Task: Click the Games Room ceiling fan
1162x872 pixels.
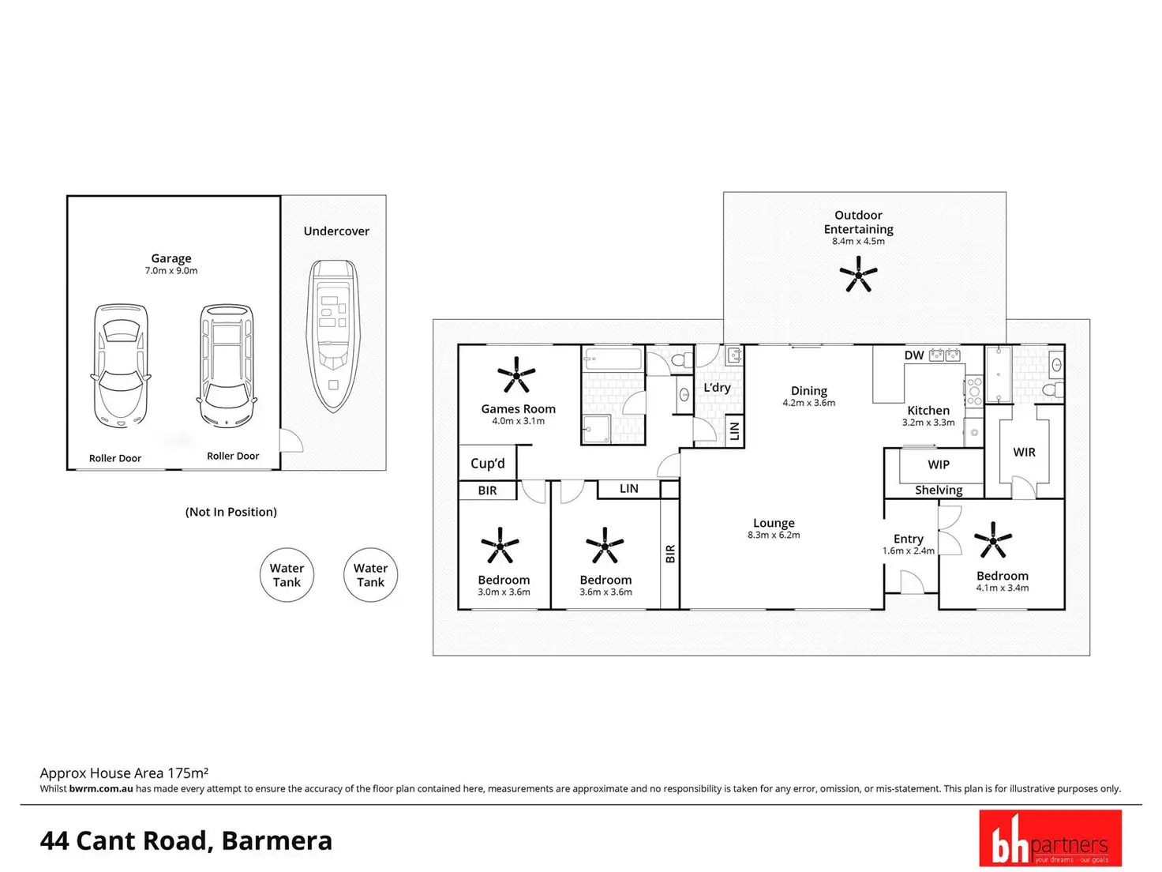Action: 516,375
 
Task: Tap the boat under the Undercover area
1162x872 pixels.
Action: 332,336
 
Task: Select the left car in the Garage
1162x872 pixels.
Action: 121,365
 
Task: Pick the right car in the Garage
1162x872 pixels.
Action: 227,365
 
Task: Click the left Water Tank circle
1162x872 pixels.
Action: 287,575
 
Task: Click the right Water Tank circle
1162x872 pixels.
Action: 370,575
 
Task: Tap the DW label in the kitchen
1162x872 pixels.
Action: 914,355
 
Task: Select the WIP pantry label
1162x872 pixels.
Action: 939,464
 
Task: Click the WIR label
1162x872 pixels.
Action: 1024,452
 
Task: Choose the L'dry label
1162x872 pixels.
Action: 717,387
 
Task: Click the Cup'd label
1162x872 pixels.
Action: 487,464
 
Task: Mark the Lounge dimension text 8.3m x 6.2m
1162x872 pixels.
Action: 774,536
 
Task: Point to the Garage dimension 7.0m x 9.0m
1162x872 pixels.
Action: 171,271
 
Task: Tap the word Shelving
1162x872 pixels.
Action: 939,490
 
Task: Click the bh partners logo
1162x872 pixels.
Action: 1050,838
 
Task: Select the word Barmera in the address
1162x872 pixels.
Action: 277,840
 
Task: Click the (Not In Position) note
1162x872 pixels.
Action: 231,512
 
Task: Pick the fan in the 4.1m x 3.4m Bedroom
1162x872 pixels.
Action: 993,542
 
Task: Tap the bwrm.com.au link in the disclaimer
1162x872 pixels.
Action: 101,789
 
